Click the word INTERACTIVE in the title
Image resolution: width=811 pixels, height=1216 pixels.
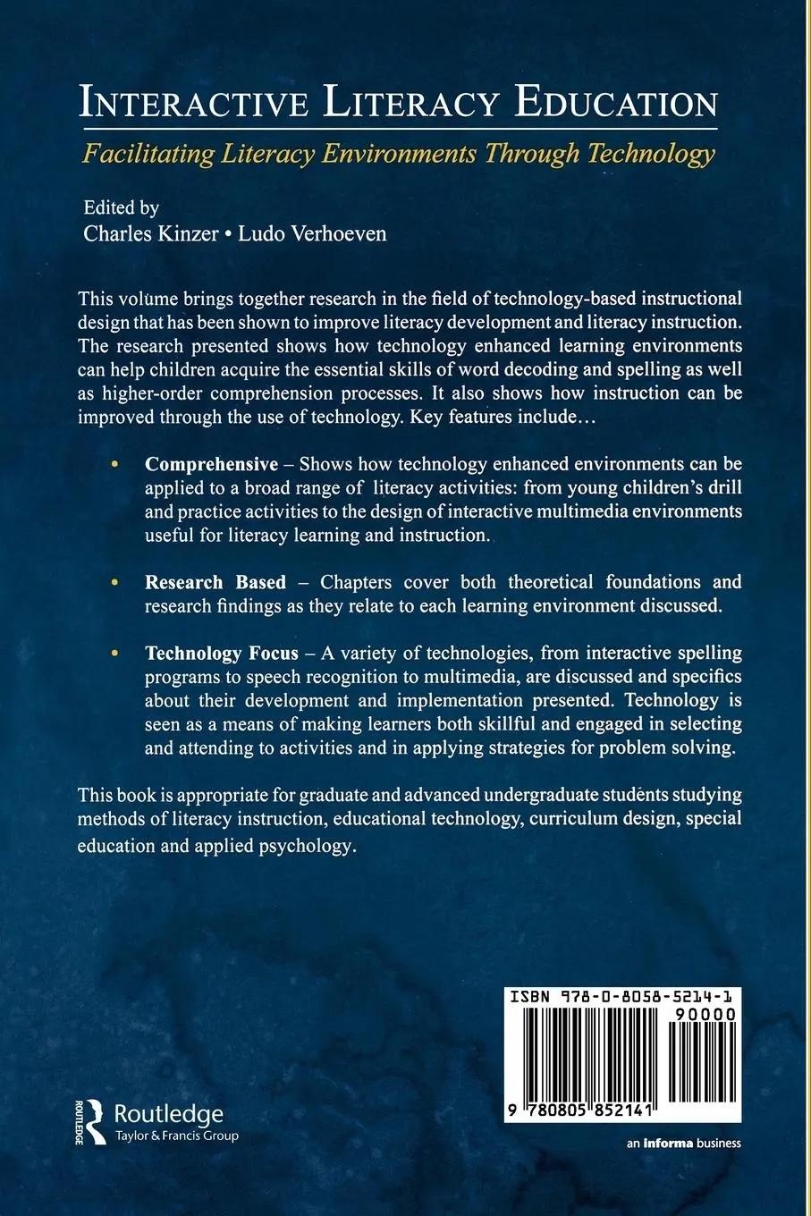(x=193, y=104)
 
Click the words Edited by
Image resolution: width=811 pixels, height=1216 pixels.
(x=121, y=207)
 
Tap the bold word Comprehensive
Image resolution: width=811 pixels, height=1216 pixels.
(x=212, y=464)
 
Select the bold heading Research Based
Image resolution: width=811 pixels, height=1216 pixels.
(x=215, y=582)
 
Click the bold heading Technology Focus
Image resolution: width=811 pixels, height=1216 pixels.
(x=222, y=653)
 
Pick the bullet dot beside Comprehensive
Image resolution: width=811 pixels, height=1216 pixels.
(x=114, y=465)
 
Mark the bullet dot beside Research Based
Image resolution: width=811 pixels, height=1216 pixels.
(x=114, y=583)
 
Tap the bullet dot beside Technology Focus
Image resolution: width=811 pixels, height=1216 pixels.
(x=114, y=654)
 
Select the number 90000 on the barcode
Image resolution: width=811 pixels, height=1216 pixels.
(x=706, y=1016)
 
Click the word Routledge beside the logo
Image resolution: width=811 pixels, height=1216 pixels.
(x=169, y=1114)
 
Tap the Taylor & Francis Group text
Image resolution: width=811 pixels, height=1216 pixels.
(x=177, y=1136)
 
